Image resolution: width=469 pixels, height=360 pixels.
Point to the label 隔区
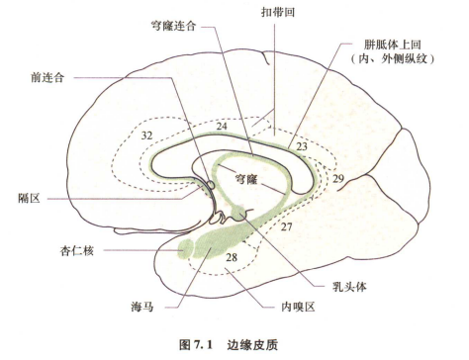(x=31, y=198)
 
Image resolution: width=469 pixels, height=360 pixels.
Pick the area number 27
(x=288, y=226)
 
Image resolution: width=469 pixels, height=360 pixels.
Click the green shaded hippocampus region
(x=213, y=242)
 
